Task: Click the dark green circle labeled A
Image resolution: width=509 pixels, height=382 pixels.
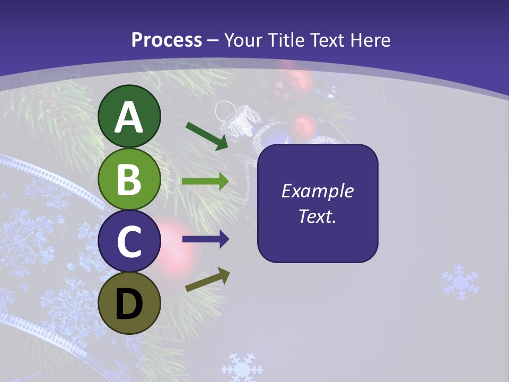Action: point(129,117)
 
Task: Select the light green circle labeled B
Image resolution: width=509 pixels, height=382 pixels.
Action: point(129,179)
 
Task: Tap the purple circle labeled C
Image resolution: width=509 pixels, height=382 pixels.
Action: point(129,241)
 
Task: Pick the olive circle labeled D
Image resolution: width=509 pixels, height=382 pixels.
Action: point(129,303)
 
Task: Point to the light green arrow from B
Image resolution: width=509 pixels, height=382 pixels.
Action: point(205,181)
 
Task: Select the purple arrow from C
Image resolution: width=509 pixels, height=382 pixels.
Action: point(205,239)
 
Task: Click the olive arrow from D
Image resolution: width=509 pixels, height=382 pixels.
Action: point(207,280)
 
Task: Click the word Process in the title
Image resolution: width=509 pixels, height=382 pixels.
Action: point(166,40)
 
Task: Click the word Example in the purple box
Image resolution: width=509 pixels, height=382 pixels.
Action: point(317,191)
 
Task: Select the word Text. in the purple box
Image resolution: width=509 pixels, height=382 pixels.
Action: point(317,216)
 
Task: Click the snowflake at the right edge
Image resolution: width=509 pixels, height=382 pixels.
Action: point(460,282)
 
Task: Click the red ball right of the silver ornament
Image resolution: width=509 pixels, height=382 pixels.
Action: point(304,126)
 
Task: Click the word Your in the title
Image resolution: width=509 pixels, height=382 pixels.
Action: point(243,40)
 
